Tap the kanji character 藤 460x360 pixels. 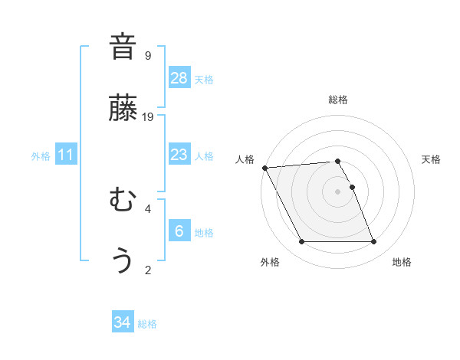(x=123, y=108)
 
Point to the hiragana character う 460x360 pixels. (x=123, y=261)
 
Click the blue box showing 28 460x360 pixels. (x=179, y=78)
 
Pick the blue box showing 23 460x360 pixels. (x=179, y=155)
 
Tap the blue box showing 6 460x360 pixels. (x=179, y=231)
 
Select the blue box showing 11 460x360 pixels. (x=66, y=155)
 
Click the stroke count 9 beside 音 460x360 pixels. (x=148, y=55)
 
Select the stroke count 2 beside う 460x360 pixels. (x=148, y=270)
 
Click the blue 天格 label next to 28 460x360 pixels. (x=204, y=79)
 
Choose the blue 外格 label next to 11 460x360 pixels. (x=41, y=155)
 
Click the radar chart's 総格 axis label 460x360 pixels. (x=338, y=100)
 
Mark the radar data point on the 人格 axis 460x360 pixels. (x=265, y=168)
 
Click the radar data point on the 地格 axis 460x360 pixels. (x=374, y=242)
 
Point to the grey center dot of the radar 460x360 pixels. (x=338, y=191)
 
